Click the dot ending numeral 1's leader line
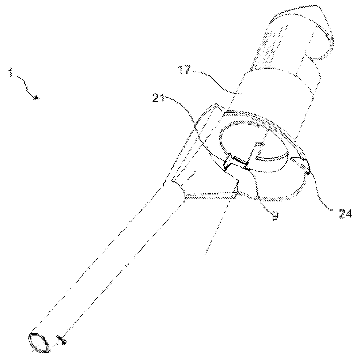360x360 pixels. tap(36, 98)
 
